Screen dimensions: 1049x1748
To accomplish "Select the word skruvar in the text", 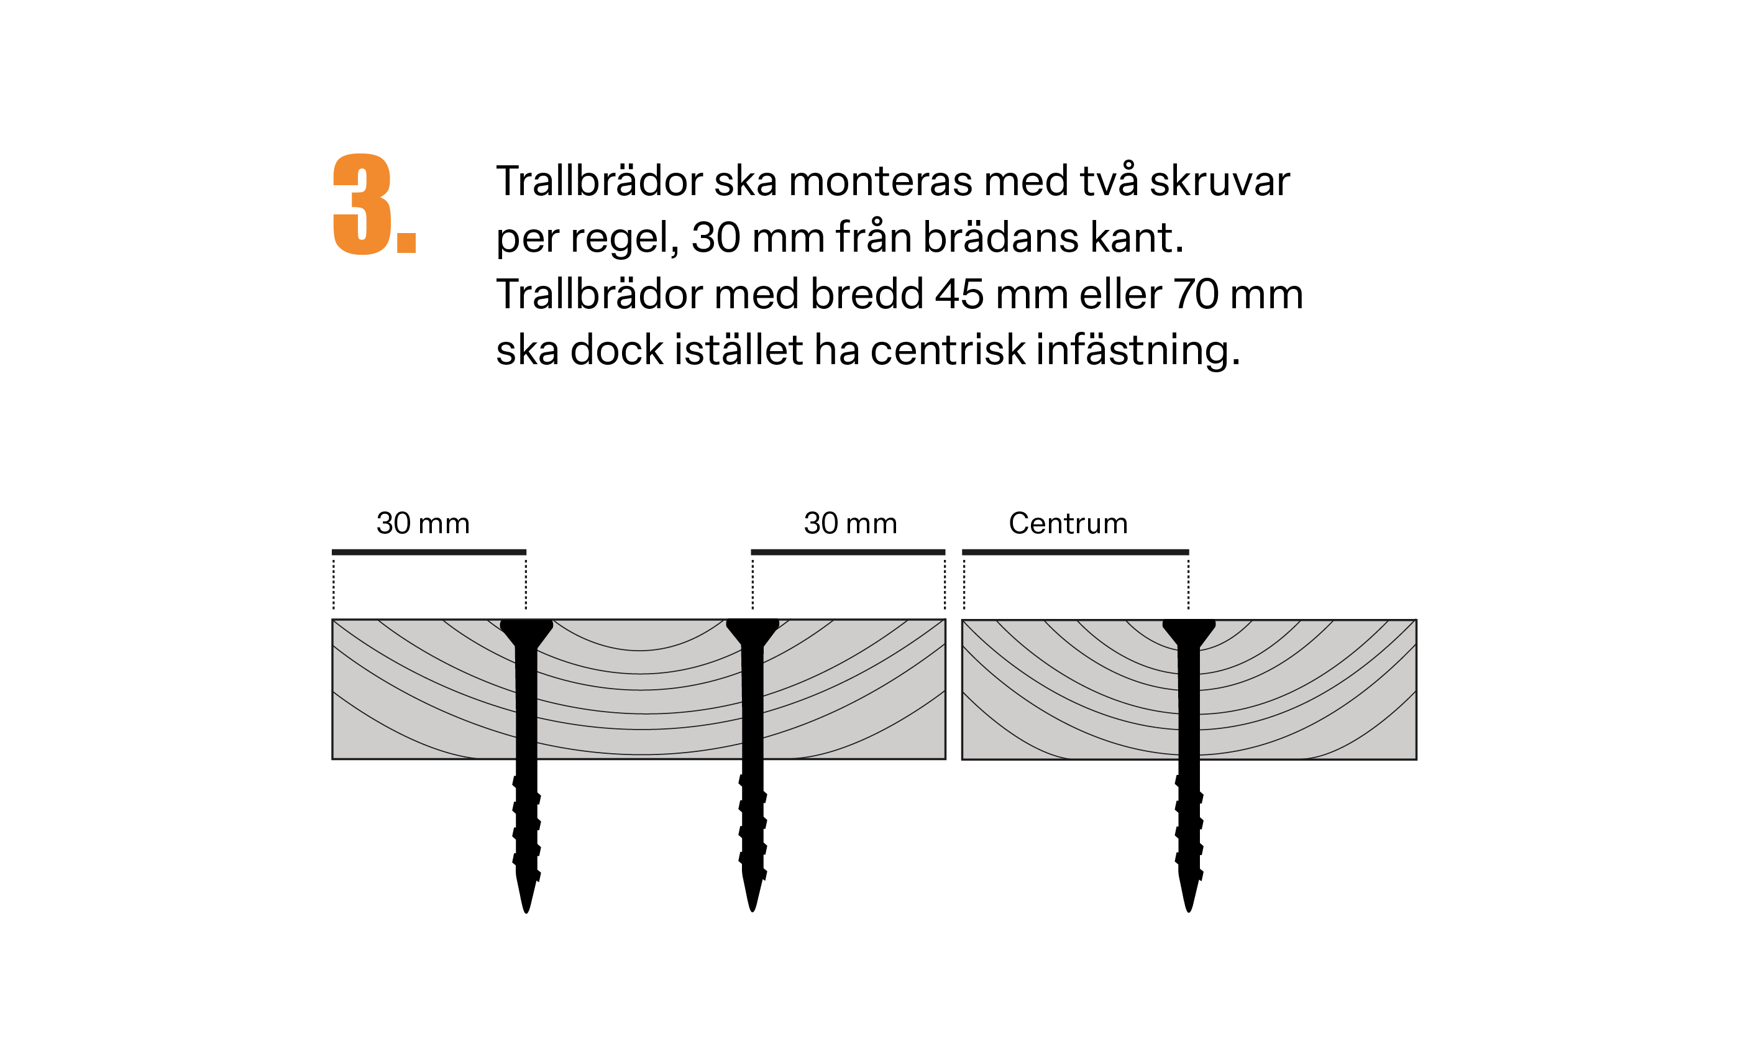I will [1219, 181].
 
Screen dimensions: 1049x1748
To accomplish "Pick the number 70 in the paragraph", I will [1196, 294].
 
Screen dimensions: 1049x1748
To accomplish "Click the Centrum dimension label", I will [1068, 524].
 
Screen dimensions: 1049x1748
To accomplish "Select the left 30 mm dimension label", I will [423, 524].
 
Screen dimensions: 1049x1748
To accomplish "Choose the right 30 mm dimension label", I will [850, 524].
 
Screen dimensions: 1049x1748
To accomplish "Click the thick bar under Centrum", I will [1075, 552].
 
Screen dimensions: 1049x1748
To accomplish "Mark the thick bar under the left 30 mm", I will [429, 552].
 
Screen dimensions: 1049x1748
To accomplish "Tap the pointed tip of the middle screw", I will [752, 906].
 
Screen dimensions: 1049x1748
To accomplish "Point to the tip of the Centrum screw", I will [1188, 906].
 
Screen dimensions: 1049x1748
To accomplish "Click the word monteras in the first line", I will [880, 181].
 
